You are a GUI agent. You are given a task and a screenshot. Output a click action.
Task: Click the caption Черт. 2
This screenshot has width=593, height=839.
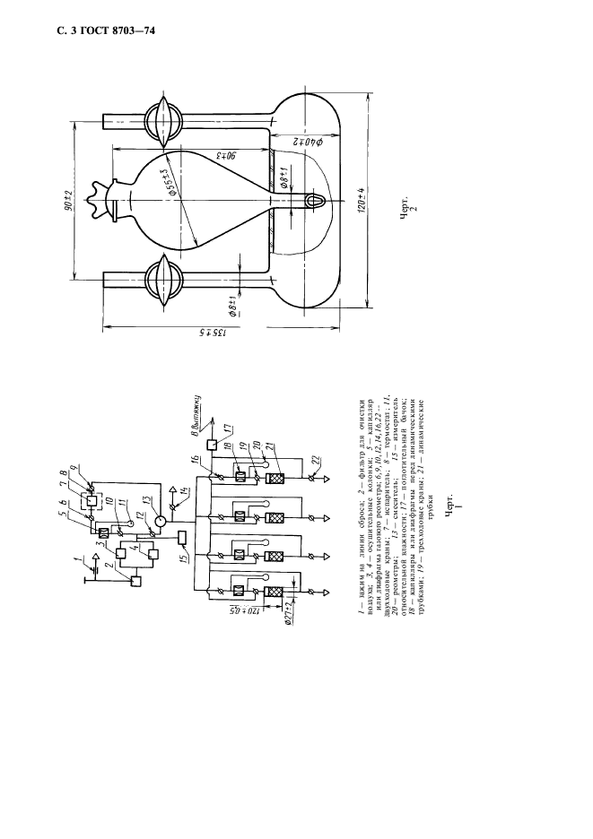[x=406, y=217]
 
